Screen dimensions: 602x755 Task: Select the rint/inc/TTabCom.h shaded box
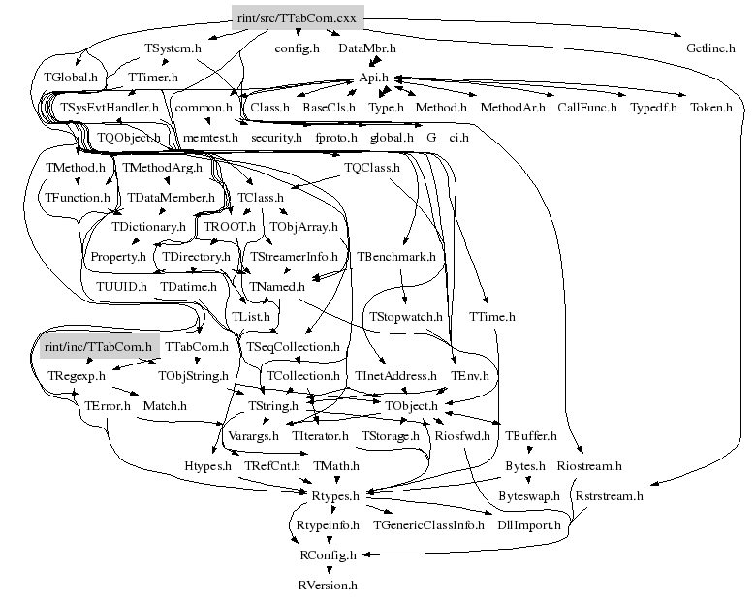[99, 346]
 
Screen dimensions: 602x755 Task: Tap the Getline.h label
[710, 48]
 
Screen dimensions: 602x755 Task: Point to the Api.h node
[373, 78]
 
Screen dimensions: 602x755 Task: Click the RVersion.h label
[328, 585]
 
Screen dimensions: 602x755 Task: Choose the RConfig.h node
[328, 555]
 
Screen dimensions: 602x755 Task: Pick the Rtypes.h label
[335, 495]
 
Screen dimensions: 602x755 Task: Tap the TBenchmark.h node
[395, 257]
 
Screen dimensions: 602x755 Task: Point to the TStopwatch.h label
[405, 316]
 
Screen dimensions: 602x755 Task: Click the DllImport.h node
[528, 525]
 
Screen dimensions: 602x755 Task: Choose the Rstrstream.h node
[609, 495]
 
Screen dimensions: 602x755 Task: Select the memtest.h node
[210, 138]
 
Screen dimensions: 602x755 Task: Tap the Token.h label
[710, 107]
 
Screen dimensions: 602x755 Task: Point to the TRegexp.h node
[76, 375]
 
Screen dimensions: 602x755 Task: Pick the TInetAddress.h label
[395, 375]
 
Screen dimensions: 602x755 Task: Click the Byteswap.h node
[529, 495]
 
